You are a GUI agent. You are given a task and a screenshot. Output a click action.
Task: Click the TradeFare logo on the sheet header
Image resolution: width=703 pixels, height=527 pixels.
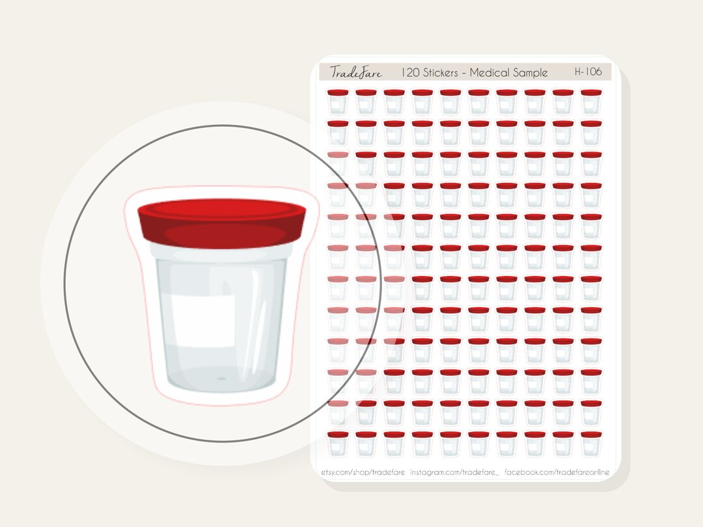(355, 72)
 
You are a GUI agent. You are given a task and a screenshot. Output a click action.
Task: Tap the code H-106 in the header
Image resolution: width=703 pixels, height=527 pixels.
(589, 72)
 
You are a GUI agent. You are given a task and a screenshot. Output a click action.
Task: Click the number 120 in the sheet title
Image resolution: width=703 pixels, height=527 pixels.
(411, 72)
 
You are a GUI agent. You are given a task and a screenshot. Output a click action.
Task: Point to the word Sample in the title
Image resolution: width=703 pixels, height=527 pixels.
(531, 72)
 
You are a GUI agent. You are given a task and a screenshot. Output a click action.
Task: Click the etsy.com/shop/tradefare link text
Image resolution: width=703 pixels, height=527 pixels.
(363, 470)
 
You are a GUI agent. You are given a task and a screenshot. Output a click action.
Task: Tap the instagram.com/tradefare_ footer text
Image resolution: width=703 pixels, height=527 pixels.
(454, 470)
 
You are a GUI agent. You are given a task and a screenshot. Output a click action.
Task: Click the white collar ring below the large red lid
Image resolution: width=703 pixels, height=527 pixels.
(221, 252)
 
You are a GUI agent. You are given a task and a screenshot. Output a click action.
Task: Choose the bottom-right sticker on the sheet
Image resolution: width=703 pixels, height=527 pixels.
(590, 443)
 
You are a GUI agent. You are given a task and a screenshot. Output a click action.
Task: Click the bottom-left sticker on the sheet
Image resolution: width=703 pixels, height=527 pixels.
(337, 443)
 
